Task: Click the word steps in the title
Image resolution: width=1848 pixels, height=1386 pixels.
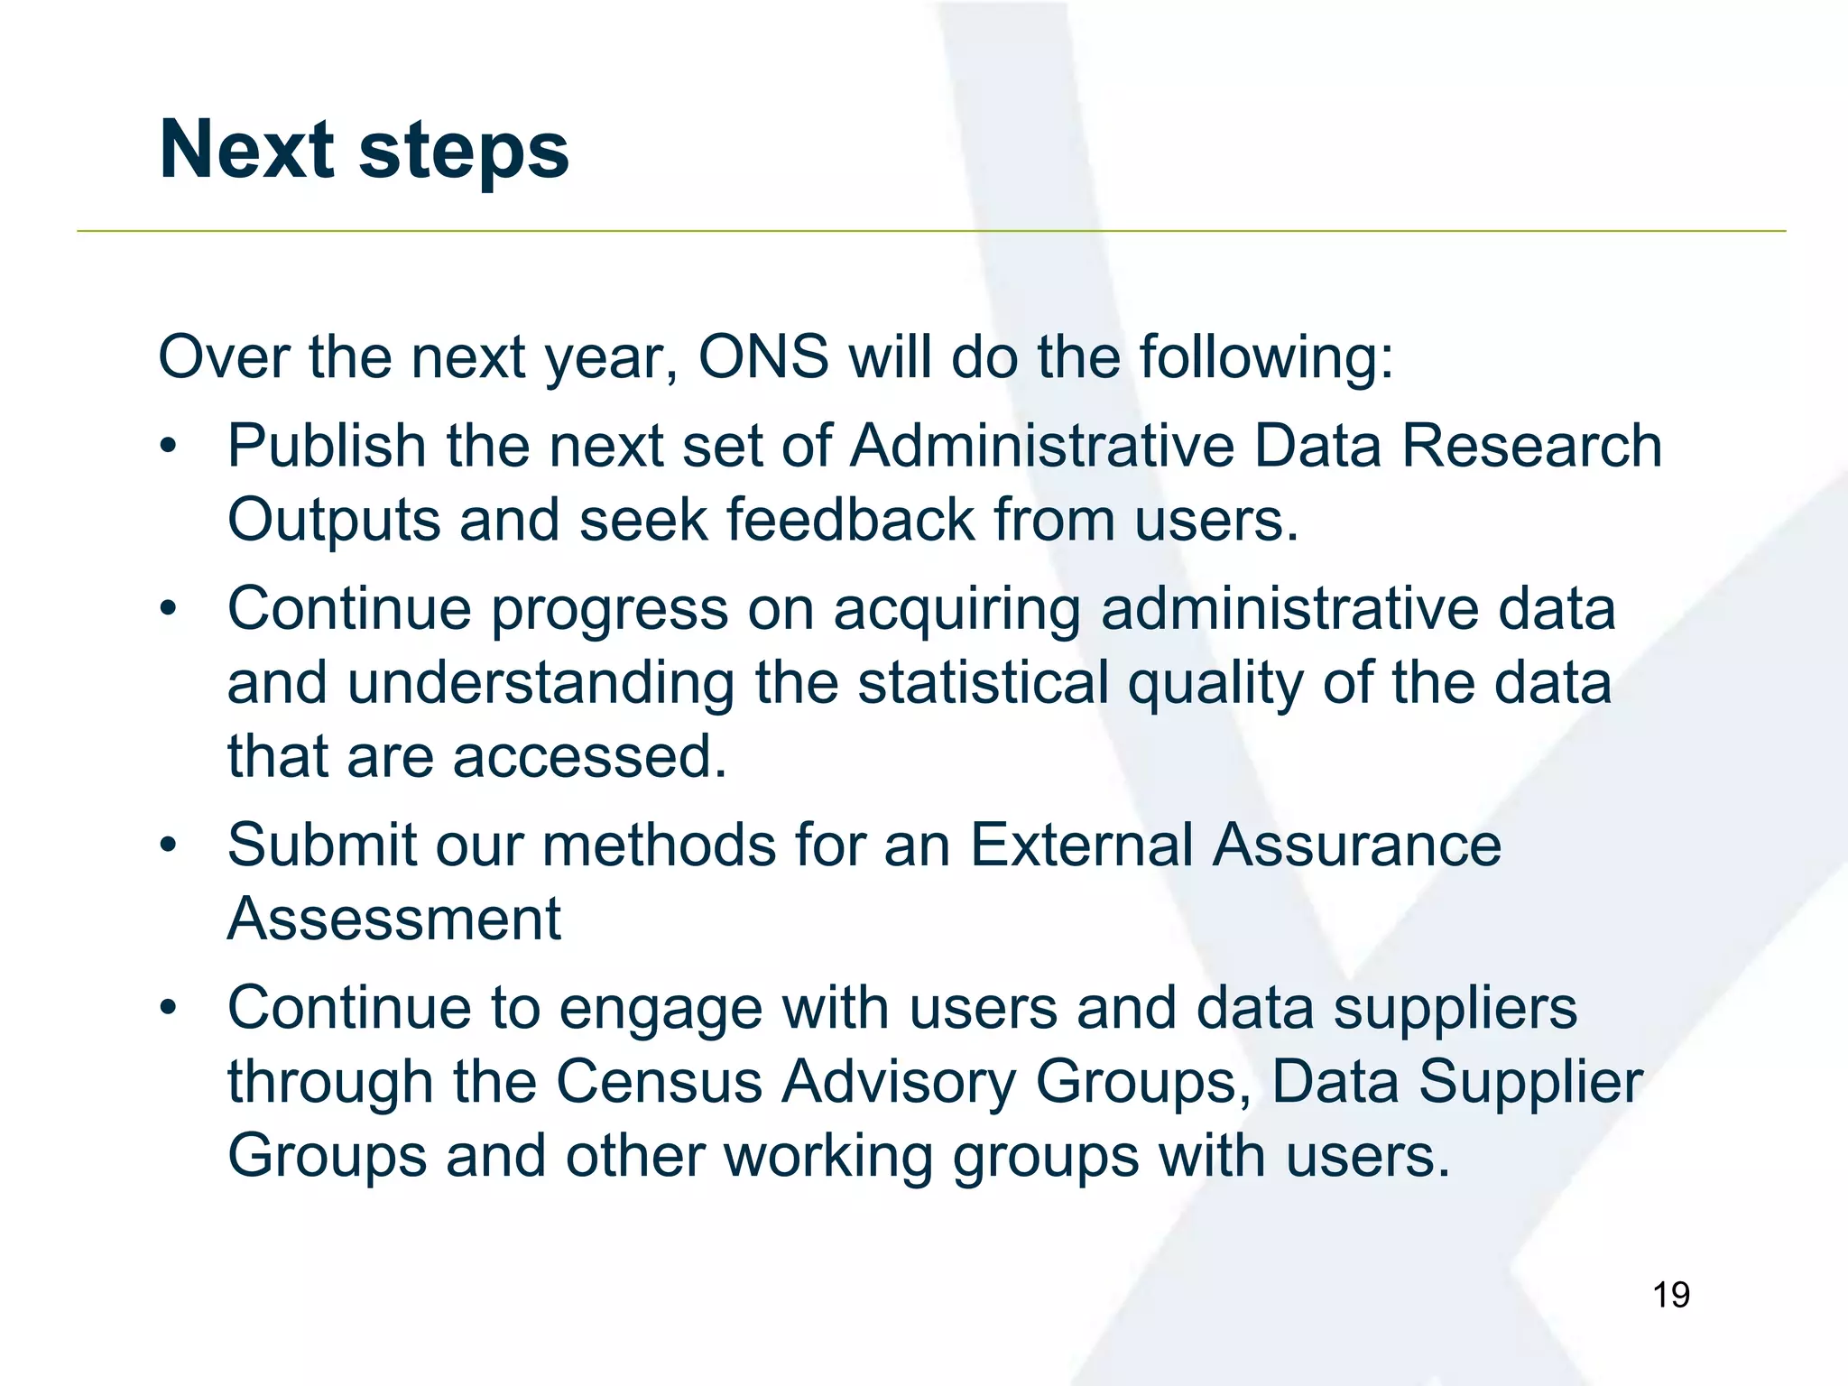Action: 464,152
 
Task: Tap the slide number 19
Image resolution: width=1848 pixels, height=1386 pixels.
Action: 1670,1295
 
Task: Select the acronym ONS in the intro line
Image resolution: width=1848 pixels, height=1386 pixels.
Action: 763,357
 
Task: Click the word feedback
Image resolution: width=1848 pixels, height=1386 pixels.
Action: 850,521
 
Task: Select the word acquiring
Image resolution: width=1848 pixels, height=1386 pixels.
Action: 956,610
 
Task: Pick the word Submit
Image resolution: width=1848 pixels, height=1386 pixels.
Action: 320,845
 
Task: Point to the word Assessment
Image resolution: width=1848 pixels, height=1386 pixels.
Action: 394,919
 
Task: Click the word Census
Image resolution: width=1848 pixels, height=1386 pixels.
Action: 659,1082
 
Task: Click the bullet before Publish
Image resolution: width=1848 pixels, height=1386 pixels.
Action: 168,447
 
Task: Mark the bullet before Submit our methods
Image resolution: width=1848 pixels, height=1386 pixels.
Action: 168,845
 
